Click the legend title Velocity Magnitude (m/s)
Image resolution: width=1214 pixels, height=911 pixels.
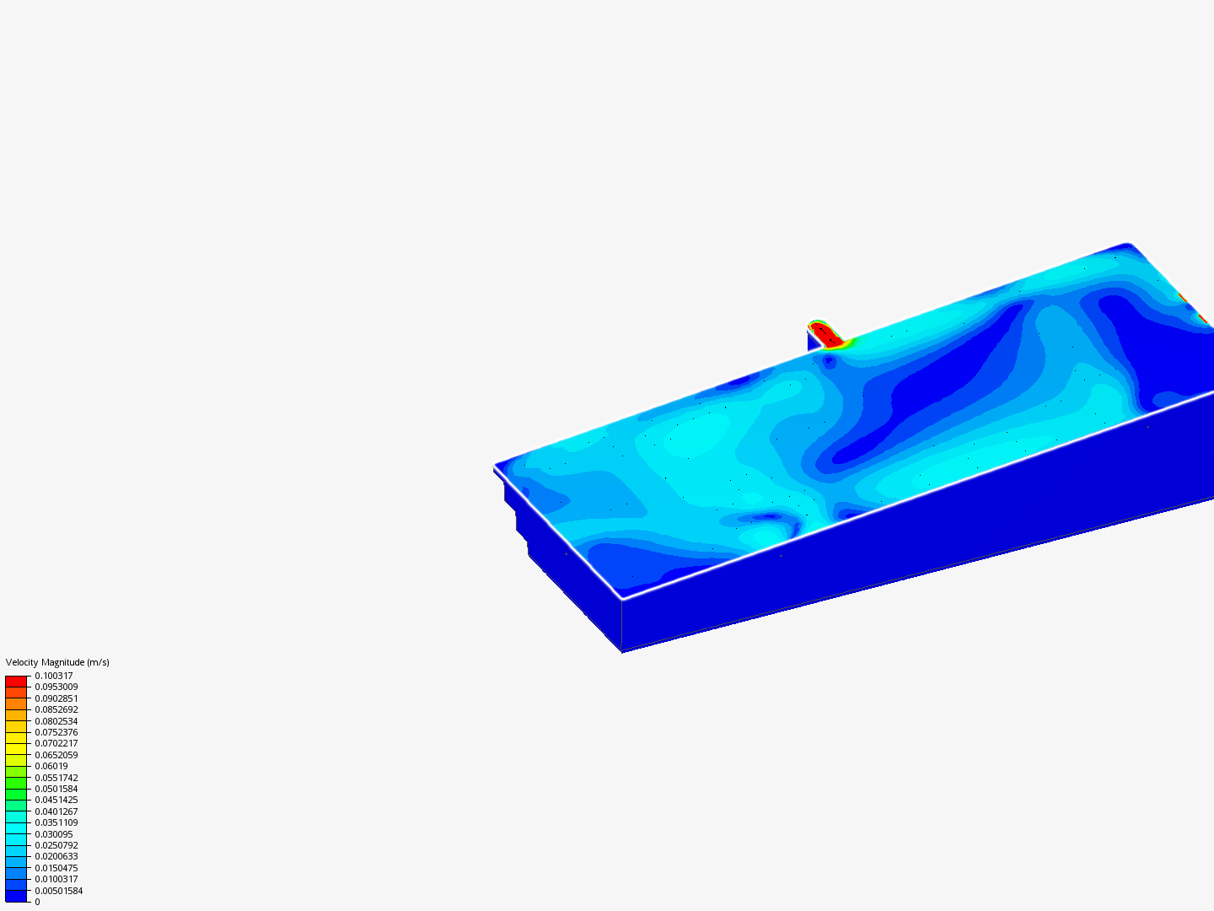coord(57,662)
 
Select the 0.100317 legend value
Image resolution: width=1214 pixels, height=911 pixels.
coord(54,676)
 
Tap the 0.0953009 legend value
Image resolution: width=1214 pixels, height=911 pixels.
coord(56,687)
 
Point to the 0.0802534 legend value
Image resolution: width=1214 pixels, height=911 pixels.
coord(56,721)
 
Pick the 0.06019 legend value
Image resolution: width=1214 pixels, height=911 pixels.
coord(51,766)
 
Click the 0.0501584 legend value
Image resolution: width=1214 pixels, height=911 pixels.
coord(56,789)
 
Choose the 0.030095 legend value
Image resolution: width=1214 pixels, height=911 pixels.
coord(54,834)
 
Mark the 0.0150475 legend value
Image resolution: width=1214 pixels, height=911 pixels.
coord(56,869)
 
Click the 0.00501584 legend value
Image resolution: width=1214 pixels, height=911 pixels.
coord(59,891)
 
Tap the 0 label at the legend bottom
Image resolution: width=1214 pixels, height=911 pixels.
coord(38,903)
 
